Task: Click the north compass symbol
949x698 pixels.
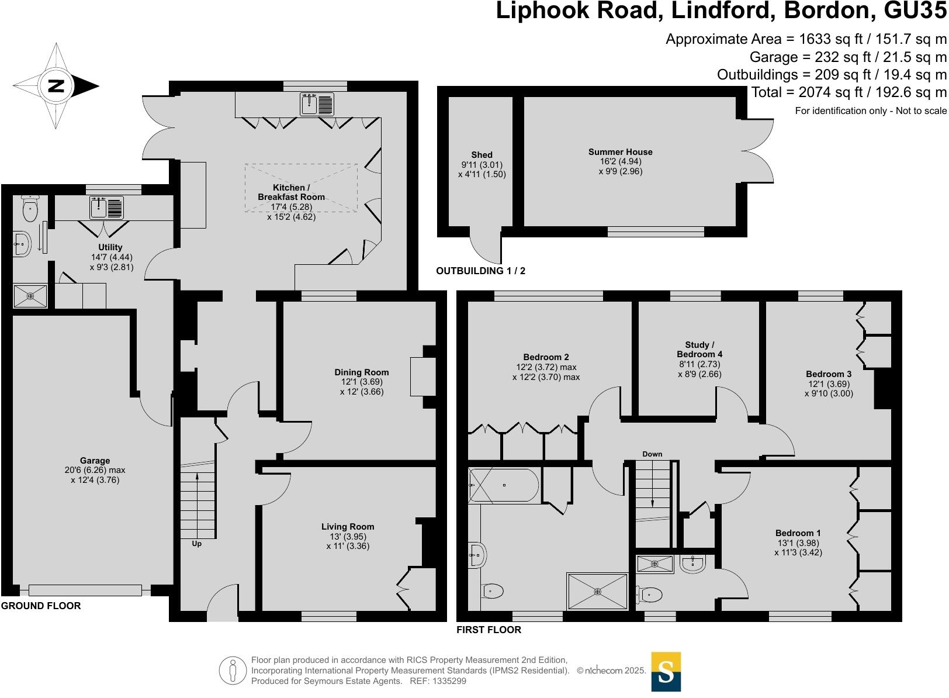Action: tap(56, 87)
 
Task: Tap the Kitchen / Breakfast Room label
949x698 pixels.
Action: tap(291, 192)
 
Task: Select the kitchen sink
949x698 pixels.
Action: tap(317, 105)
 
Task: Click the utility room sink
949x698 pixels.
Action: tap(107, 208)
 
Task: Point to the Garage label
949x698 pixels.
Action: tap(95, 461)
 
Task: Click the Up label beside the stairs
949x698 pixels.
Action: tap(196, 544)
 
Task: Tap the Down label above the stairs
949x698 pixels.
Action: tap(652, 454)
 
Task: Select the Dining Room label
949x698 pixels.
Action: tap(361, 372)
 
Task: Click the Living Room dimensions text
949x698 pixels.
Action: tap(348, 541)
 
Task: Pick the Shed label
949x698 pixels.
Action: tap(482, 155)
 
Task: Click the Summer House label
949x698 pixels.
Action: tap(620, 152)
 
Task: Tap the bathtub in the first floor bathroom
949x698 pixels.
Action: tap(503, 485)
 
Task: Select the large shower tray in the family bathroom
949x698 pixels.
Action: tap(597, 592)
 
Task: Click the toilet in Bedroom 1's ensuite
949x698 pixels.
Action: tap(650, 595)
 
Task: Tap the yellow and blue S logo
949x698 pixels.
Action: tap(666, 672)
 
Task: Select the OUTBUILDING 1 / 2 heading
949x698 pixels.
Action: tap(480, 271)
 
